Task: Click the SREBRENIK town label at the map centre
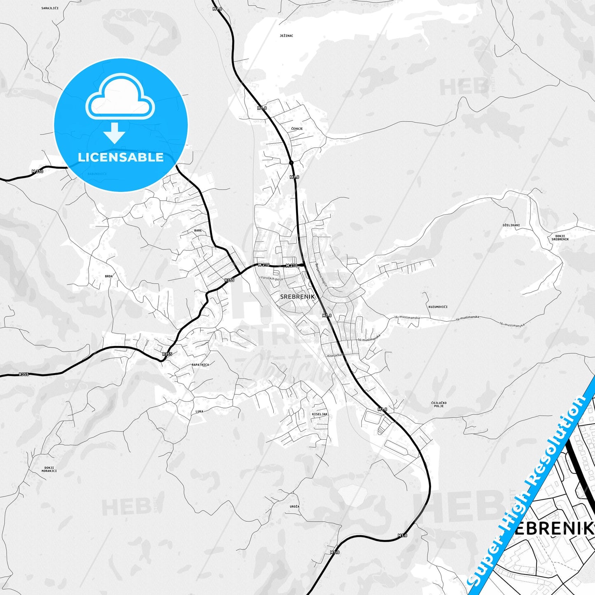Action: tap(297, 296)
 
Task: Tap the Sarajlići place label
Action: tap(50, 8)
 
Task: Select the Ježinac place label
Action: tap(286, 36)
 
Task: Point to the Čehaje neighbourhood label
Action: tap(297, 129)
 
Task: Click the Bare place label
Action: tap(198, 231)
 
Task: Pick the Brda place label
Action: tap(109, 276)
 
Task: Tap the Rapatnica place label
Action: tap(200, 365)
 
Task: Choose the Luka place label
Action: tap(199, 411)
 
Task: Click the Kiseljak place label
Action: tap(320, 414)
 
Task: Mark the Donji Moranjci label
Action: tap(49, 469)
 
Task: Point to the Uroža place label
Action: tap(294, 506)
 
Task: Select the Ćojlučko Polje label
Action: tap(439, 404)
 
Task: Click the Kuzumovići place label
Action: tap(438, 307)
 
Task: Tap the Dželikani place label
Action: tap(511, 225)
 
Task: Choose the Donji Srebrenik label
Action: tap(560, 238)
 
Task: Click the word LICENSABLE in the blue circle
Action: tap(121, 157)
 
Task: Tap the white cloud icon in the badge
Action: tap(120, 97)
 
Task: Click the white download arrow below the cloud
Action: tap(114, 133)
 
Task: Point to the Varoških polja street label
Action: tap(271, 279)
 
